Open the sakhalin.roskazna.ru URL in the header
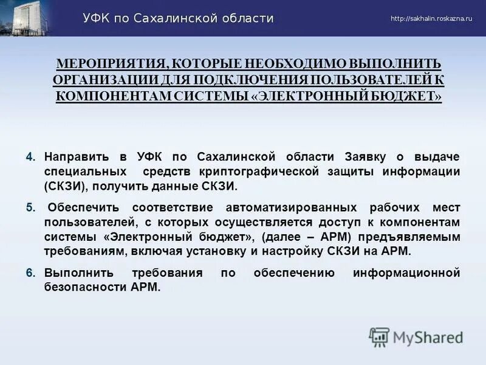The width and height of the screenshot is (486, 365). tap(431, 19)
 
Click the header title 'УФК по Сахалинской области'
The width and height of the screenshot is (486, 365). tap(178, 18)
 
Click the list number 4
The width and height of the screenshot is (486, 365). tap(31, 157)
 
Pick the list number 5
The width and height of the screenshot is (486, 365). tap(31, 207)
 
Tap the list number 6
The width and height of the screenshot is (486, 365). tap(31, 273)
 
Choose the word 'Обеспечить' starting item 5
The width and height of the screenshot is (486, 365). tap(80, 207)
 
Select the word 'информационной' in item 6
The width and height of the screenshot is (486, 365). tap(406, 273)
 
